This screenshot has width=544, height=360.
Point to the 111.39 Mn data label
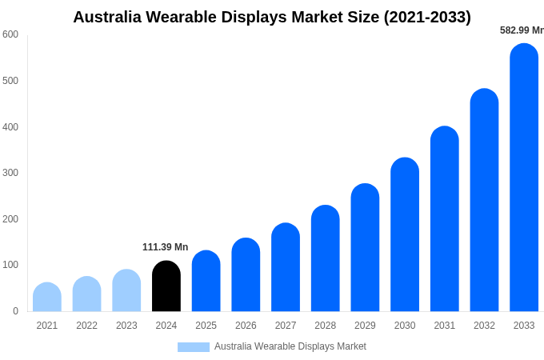click(x=166, y=247)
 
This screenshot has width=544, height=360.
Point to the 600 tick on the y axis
click(x=10, y=34)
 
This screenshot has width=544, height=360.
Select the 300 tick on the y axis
click(x=10, y=173)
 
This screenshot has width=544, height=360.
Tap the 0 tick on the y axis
click(x=15, y=311)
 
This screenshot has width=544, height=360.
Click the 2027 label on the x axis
click(x=286, y=326)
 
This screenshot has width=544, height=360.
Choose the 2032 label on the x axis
click(x=484, y=326)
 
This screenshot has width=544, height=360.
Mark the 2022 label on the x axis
click(x=86, y=326)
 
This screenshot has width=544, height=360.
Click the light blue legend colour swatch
click(x=193, y=347)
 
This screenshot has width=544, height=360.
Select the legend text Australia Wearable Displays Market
click(x=290, y=346)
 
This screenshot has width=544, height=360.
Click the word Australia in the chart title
click(x=106, y=17)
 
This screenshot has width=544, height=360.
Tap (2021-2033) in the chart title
click(x=427, y=17)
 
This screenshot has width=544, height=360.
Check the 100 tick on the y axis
click(x=10, y=265)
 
